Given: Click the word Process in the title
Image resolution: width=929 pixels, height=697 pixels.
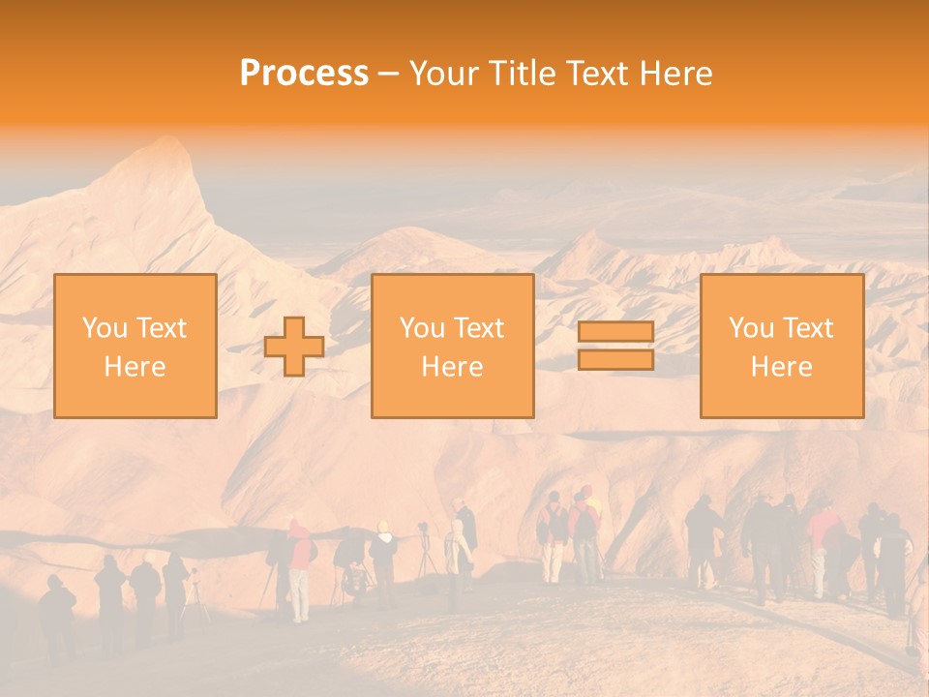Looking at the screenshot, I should (x=304, y=74).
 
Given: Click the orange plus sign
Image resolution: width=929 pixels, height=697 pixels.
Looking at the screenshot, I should (x=294, y=347).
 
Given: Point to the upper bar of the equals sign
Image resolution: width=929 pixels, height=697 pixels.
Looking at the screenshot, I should (x=615, y=332).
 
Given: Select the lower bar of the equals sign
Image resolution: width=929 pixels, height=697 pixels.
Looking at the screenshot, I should (x=615, y=360).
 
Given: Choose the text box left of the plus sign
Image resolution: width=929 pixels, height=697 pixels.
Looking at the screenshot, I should (x=135, y=347).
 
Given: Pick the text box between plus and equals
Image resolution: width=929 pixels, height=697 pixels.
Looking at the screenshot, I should (x=453, y=347).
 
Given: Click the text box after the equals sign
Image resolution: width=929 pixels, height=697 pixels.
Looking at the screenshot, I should (x=782, y=347).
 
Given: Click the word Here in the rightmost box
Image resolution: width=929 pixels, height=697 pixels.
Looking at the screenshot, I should (x=782, y=366).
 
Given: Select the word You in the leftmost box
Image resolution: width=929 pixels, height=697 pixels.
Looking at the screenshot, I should (x=105, y=328).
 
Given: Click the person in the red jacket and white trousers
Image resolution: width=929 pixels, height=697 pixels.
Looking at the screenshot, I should (x=300, y=571).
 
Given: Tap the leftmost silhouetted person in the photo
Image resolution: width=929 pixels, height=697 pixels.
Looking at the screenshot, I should (x=56, y=615).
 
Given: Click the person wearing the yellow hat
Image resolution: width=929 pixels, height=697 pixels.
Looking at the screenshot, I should (x=383, y=561).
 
